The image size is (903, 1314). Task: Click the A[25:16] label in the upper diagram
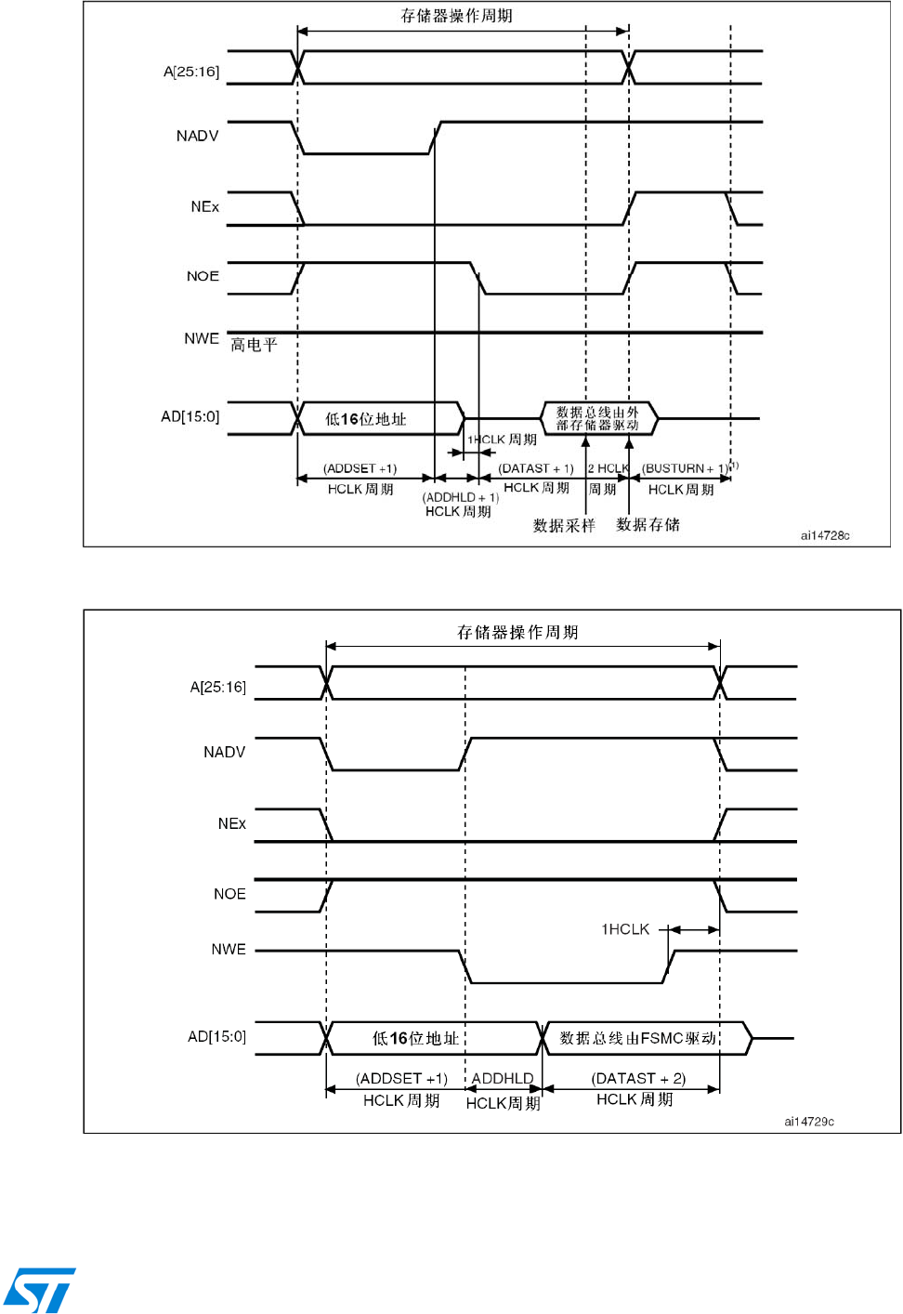click(x=191, y=72)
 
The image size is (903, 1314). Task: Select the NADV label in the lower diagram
click(x=224, y=752)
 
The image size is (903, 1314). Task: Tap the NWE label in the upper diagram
click(x=202, y=338)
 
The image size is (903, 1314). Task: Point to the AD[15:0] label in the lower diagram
click(x=216, y=1036)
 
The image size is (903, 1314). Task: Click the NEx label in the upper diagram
click(x=204, y=206)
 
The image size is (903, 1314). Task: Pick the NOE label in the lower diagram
click(x=229, y=894)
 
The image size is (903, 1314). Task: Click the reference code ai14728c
click(x=825, y=535)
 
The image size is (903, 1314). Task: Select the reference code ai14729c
click(x=809, y=1122)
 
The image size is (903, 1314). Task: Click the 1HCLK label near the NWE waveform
click(x=625, y=929)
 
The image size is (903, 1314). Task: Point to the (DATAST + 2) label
click(x=638, y=1079)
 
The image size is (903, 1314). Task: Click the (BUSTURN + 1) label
click(x=686, y=468)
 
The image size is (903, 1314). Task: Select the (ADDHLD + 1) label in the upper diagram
click(x=460, y=497)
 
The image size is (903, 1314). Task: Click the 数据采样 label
click(x=564, y=526)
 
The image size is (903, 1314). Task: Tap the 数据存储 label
click(x=648, y=525)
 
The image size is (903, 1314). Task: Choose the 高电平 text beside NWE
click(x=254, y=345)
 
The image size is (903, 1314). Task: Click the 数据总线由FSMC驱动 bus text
click(x=638, y=1038)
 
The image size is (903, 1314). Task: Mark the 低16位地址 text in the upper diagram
click(x=366, y=419)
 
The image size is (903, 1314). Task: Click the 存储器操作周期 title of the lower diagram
click(x=517, y=633)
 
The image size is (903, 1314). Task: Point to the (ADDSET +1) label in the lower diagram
click(x=401, y=1079)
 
